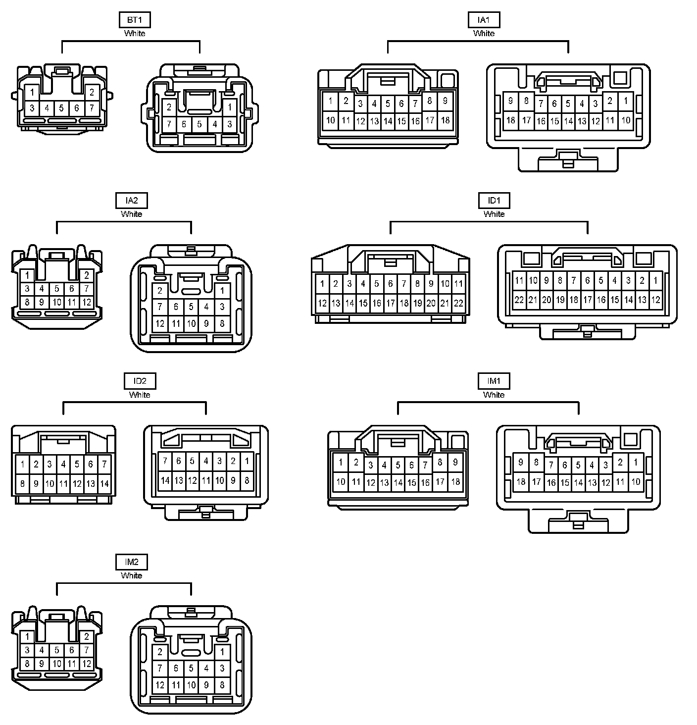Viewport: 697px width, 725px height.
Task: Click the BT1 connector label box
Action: tap(135, 20)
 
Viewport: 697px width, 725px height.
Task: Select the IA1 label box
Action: tap(484, 20)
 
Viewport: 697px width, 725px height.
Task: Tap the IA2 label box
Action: tap(131, 201)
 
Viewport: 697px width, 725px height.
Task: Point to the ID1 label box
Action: tap(494, 201)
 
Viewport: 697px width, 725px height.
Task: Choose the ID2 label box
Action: tap(140, 381)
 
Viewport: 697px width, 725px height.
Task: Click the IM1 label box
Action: tap(494, 381)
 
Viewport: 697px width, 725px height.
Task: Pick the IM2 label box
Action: tap(131, 562)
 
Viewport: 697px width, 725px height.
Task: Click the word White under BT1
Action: tap(135, 33)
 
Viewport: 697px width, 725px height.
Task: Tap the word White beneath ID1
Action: tap(494, 214)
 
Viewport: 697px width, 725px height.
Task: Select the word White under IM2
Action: tap(131, 575)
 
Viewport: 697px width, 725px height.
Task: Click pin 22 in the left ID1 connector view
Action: tap(458, 303)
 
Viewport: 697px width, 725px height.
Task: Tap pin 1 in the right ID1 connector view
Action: tap(655, 281)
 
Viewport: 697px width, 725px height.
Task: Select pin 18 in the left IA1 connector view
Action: tap(445, 120)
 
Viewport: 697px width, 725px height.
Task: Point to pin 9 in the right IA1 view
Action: tap(511, 101)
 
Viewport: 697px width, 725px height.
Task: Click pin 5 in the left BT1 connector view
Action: tap(61, 107)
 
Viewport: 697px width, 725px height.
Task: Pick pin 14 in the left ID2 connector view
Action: tap(104, 483)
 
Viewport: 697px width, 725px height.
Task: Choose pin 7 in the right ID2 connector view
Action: tap(165, 461)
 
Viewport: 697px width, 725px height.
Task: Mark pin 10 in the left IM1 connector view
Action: tap(341, 481)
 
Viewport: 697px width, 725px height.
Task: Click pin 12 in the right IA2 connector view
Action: tap(160, 324)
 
